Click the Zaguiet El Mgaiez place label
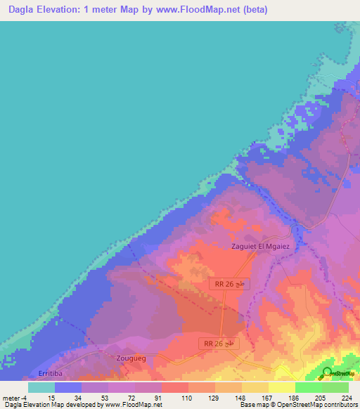(x=260, y=247)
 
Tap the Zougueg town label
(x=128, y=358)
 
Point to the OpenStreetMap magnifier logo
(x=328, y=372)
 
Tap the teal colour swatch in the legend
(x=41, y=387)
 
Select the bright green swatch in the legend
(x=308, y=387)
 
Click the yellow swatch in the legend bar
(x=281, y=387)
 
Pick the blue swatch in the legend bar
(x=68, y=387)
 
